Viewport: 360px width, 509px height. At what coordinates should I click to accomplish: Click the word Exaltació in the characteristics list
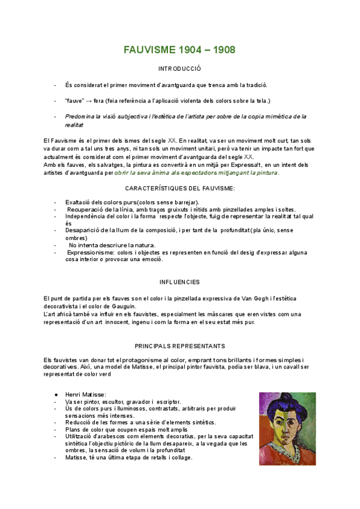point(80,202)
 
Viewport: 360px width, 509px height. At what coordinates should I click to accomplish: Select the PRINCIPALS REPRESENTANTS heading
point(180,346)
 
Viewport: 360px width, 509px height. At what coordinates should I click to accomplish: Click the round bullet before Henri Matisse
point(55,394)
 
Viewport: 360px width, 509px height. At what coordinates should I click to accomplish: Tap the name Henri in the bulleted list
point(75,394)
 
